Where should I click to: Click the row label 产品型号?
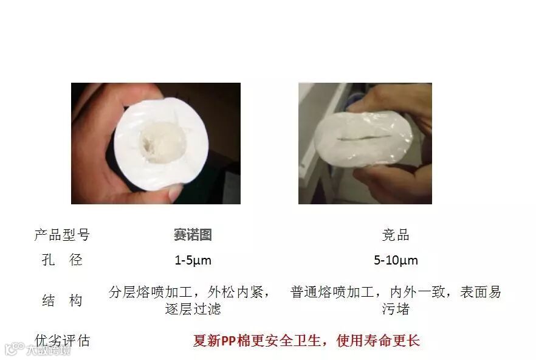[x=62, y=235]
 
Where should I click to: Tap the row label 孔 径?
[x=62, y=260]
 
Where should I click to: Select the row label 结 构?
[x=62, y=300]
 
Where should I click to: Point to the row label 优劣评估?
[x=62, y=341]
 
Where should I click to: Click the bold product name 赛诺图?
[x=193, y=235]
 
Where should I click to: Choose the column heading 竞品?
[x=396, y=235]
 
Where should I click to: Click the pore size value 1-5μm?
[x=193, y=260]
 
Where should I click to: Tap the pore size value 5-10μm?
[x=396, y=260]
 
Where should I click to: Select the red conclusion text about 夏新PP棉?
[x=306, y=341]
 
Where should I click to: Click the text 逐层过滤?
[x=193, y=309]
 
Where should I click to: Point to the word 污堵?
[x=396, y=309]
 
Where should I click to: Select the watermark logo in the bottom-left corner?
[x=15, y=348]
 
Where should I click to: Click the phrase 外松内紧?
[x=235, y=292]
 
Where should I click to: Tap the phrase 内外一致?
[x=417, y=292]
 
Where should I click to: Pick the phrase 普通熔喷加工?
[x=332, y=292]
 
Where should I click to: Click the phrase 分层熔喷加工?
[x=151, y=292]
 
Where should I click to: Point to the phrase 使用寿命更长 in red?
[x=378, y=341]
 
